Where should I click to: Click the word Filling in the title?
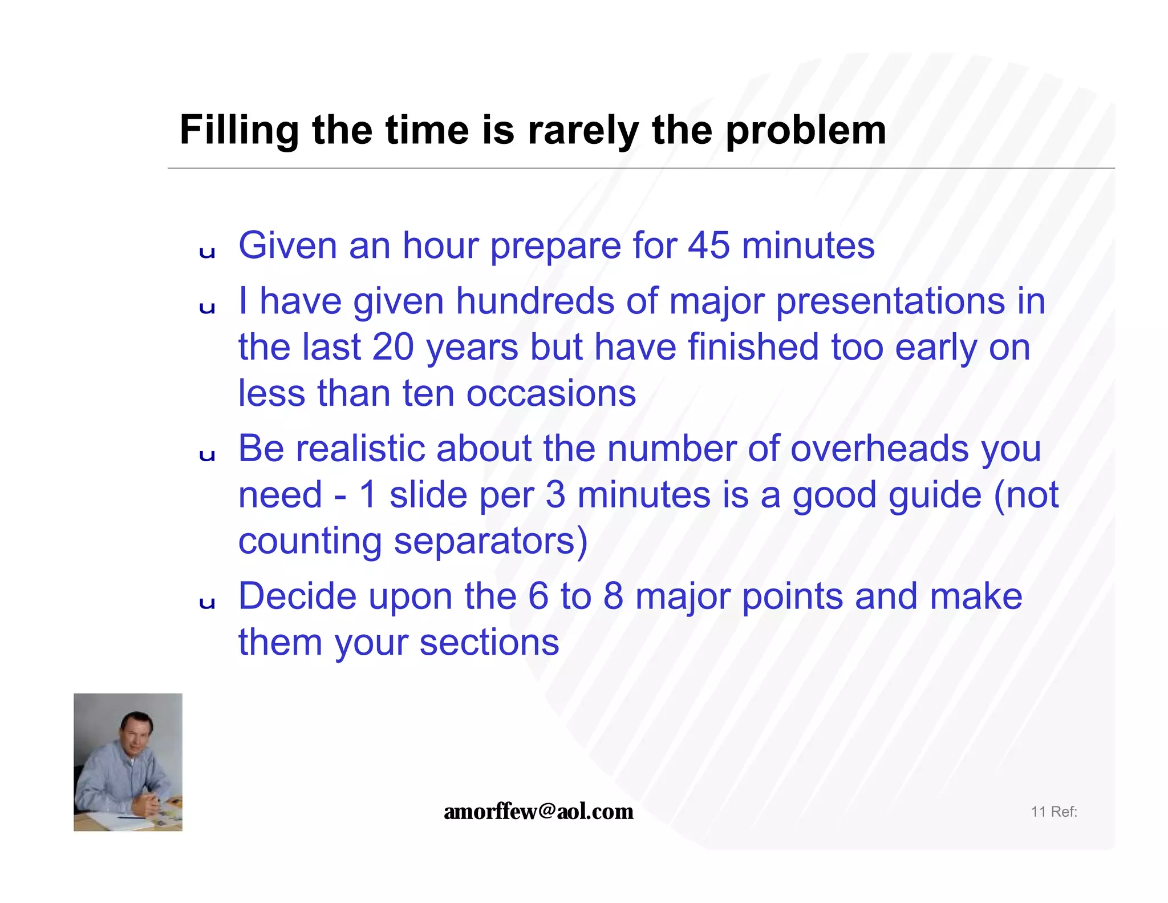coord(239,131)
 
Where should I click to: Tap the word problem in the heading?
coord(805,131)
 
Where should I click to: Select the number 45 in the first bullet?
coord(708,246)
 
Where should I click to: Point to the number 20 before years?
coord(392,347)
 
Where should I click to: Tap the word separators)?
coord(490,541)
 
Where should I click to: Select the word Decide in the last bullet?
coord(298,596)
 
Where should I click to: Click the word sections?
coord(489,643)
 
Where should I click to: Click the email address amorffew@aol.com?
coord(538,811)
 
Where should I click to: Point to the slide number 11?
coord(1038,812)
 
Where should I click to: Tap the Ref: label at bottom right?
coord(1064,812)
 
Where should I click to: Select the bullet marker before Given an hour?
coord(207,252)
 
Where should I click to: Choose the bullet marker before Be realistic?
coord(207,455)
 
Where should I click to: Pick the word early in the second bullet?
coord(936,347)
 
